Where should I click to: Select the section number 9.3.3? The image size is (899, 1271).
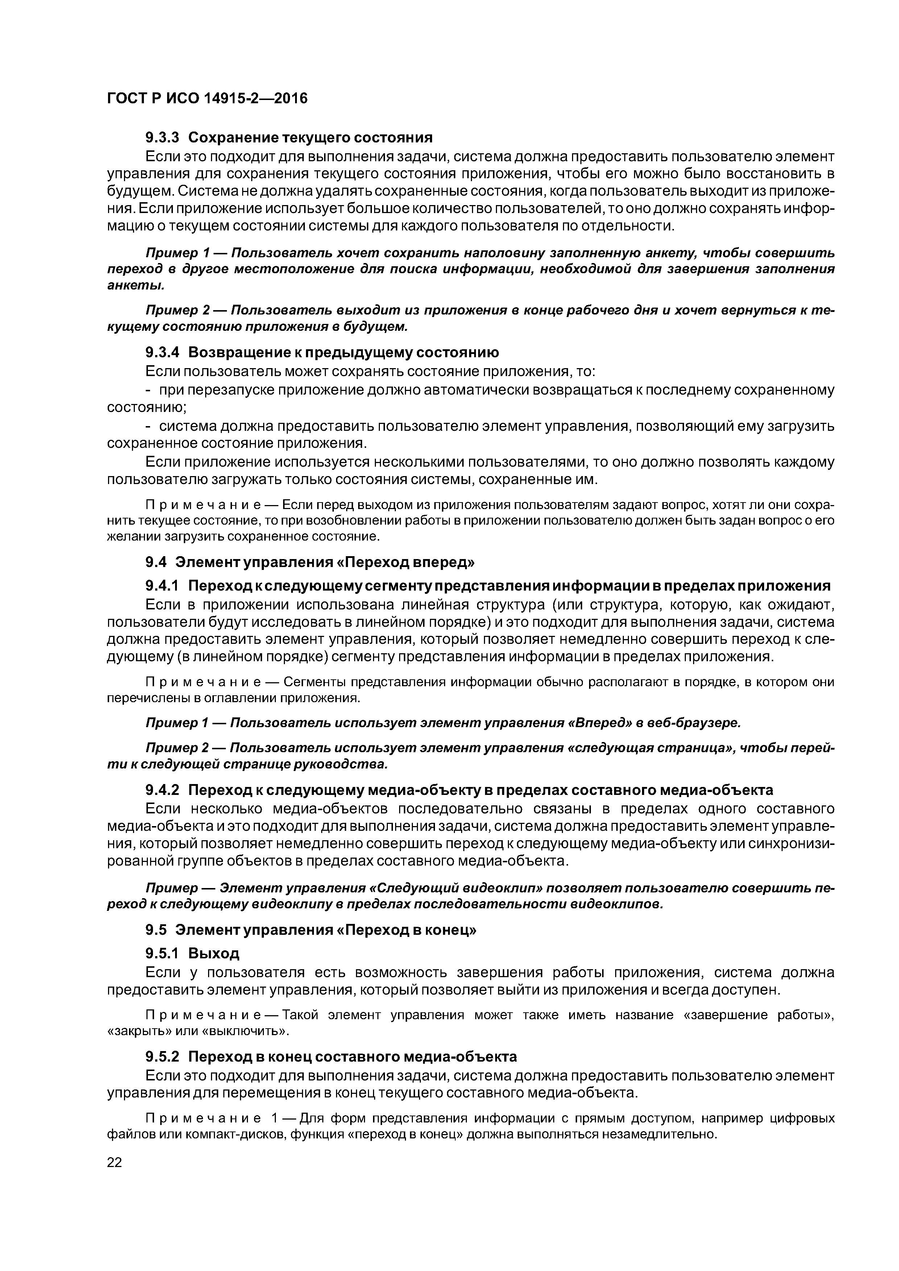[162, 137]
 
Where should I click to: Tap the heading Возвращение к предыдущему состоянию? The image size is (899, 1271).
[343, 353]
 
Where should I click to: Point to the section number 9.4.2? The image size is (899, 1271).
[162, 789]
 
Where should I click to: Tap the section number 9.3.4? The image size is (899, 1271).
[162, 353]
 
